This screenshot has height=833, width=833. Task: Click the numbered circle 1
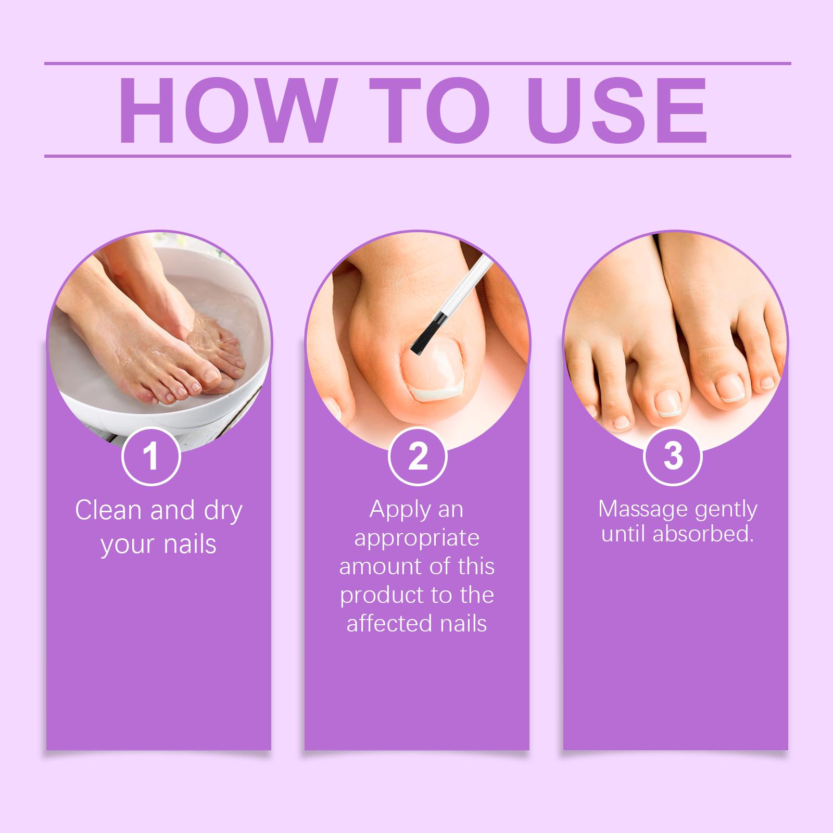pyautogui.click(x=151, y=456)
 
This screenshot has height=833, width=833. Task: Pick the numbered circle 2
pyautogui.click(x=418, y=456)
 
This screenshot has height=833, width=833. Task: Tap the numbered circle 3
pyautogui.click(x=673, y=456)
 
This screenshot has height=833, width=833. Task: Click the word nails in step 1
pyautogui.click(x=190, y=544)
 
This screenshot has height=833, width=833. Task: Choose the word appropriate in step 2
pyautogui.click(x=416, y=539)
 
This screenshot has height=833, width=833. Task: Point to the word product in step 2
pyautogui.click(x=374, y=595)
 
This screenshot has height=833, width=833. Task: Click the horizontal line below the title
pyautogui.click(x=418, y=156)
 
